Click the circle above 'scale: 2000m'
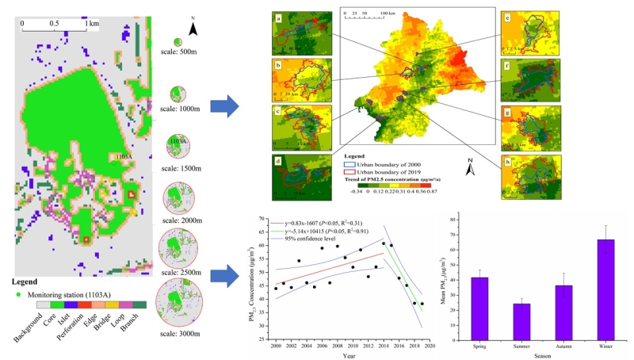coord(179,197)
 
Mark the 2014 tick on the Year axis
coord(384,347)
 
